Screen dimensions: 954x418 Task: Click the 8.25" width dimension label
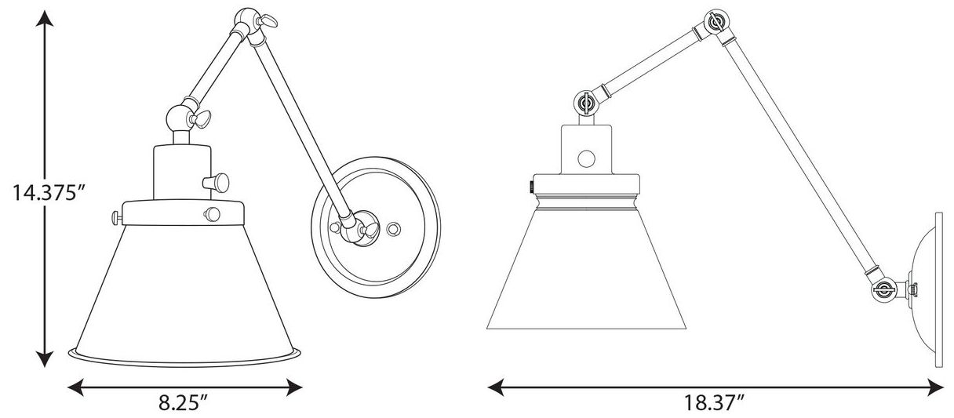[x=184, y=402]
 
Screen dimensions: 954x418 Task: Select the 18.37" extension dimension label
[x=713, y=402]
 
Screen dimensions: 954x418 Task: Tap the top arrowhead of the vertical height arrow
[x=44, y=19]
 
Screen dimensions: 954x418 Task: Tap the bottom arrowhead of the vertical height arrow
[x=44, y=358]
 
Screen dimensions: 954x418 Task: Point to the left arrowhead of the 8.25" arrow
[x=76, y=387]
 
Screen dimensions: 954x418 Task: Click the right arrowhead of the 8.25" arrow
[x=294, y=387]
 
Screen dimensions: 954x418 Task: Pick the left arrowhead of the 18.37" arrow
[x=496, y=387]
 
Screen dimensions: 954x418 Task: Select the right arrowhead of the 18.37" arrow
[x=935, y=387]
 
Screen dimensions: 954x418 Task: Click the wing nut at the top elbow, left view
[x=268, y=20]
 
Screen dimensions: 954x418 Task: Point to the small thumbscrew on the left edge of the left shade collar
[x=115, y=218]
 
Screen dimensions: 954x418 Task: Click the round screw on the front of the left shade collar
[x=212, y=213]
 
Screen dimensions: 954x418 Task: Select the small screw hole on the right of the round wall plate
[x=393, y=229]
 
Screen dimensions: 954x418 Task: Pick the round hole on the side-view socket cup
[x=587, y=158]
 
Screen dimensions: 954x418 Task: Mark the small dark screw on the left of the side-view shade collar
[x=531, y=186]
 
